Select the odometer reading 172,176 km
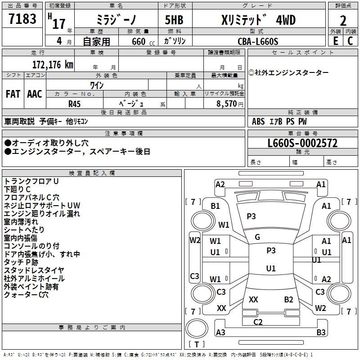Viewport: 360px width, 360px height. (x=53, y=64)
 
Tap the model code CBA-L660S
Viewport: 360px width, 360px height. (x=258, y=41)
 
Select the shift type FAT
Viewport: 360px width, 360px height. (x=13, y=94)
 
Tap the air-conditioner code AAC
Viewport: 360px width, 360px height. (x=34, y=94)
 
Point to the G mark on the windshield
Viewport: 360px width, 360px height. (x=257, y=237)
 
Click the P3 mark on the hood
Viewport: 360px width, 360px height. (x=251, y=216)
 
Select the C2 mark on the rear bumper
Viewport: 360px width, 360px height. (x=258, y=322)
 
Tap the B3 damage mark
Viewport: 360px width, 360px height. (x=321, y=333)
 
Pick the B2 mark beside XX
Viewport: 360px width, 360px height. (x=288, y=299)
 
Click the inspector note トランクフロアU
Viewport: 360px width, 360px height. (x=31, y=181)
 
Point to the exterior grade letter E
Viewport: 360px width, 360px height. (x=335, y=41)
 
